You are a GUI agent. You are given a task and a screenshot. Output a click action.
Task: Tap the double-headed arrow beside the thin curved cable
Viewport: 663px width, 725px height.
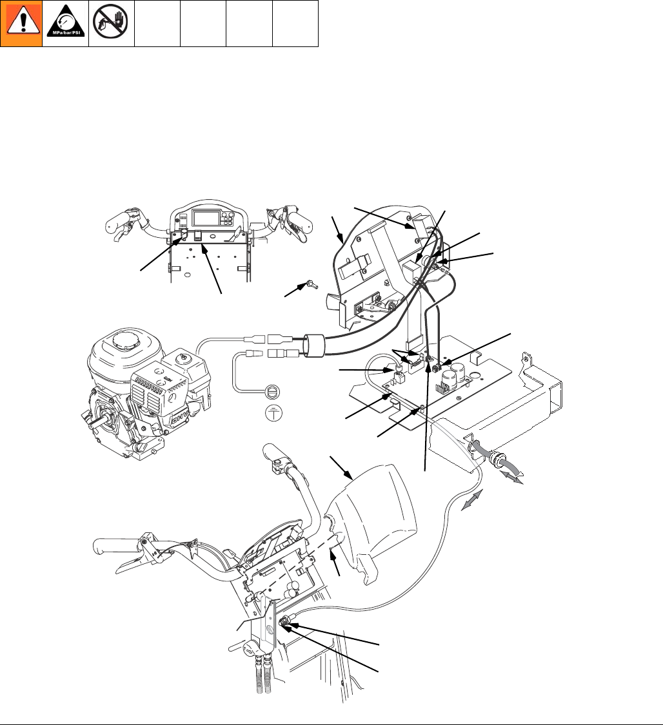(x=475, y=500)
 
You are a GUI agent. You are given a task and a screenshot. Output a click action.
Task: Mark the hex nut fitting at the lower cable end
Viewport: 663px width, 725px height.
(x=283, y=623)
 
